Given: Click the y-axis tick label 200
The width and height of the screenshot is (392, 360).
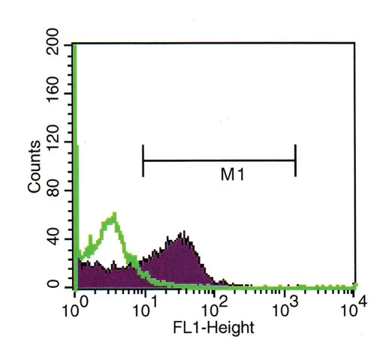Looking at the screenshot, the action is click(x=53, y=42).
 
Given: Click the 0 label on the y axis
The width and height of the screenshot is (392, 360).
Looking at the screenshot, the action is click(x=53, y=284).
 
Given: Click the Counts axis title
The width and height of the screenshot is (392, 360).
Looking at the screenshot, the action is click(x=34, y=166).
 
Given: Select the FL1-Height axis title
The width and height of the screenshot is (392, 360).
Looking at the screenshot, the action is click(x=213, y=328).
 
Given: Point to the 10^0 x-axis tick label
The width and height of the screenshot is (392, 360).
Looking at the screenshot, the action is click(x=75, y=308).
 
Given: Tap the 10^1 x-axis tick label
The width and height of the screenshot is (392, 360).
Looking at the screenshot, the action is click(x=145, y=308).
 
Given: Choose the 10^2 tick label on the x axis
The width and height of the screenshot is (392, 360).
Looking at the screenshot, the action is click(x=215, y=308).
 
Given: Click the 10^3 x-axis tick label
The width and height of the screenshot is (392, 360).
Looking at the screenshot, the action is click(x=285, y=308).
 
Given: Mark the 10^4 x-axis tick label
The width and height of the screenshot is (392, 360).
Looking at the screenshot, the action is click(x=354, y=308).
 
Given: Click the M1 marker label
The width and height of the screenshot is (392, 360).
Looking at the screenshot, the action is click(x=232, y=174).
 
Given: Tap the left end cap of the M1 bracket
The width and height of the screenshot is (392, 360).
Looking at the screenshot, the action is click(x=143, y=160).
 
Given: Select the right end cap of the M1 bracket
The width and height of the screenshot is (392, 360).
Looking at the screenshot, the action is click(x=296, y=160).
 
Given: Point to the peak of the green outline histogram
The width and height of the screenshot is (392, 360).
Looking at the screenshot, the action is click(x=114, y=214).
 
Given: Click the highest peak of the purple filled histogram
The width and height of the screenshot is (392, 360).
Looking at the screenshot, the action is click(x=184, y=232).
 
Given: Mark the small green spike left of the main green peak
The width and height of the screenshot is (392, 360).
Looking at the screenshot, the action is click(x=90, y=235).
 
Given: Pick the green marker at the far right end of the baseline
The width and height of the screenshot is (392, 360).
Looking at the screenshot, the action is click(x=355, y=285).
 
